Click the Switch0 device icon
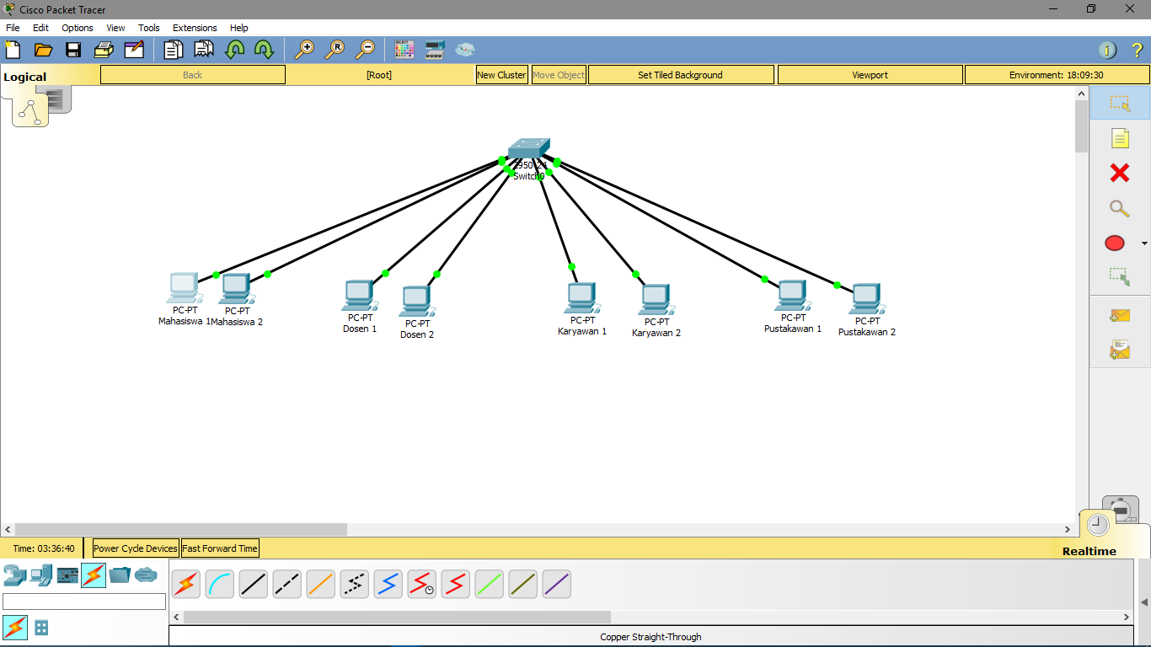(x=528, y=148)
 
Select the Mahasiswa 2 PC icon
(x=235, y=290)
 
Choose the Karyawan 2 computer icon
(x=656, y=300)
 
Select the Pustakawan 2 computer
(x=865, y=299)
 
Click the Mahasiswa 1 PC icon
(x=183, y=288)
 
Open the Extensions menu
(x=195, y=28)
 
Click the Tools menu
(x=149, y=28)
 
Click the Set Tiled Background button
(x=680, y=75)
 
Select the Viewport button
(x=870, y=75)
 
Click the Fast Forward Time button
(x=220, y=548)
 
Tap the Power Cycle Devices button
(x=136, y=548)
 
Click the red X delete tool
(x=1119, y=174)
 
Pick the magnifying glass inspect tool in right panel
(x=1119, y=208)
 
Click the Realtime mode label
(x=1089, y=551)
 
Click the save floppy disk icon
(x=73, y=50)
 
